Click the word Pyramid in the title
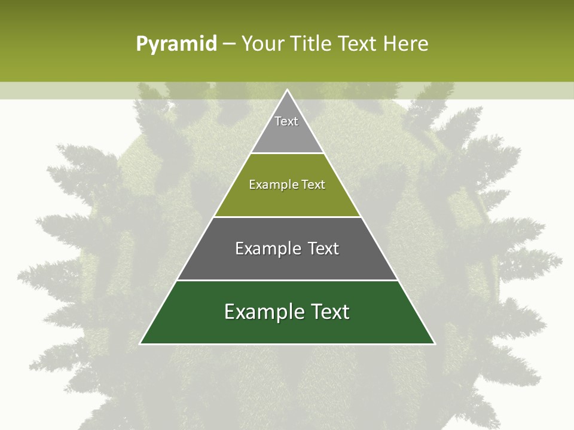(176, 44)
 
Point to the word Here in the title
(405, 44)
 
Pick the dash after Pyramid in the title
(229, 44)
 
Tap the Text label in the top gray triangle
(286, 121)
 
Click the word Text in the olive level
(313, 185)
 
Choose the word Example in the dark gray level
(266, 248)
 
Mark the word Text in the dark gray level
(323, 248)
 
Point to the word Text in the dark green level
(329, 312)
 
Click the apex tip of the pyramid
(287, 90)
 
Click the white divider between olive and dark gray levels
(287, 217)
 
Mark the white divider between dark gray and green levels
(287, 280)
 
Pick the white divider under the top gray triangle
(287, 153)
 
